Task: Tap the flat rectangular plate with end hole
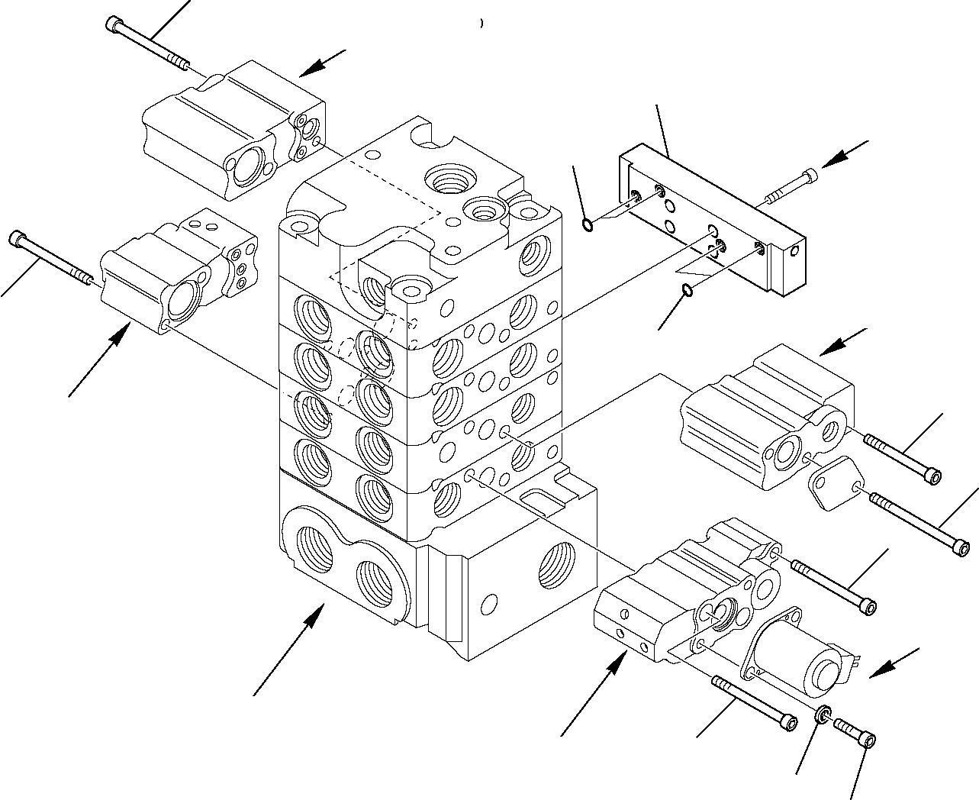point(710,221)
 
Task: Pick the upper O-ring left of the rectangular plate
point(586,224)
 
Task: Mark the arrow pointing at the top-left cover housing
point(320,63)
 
